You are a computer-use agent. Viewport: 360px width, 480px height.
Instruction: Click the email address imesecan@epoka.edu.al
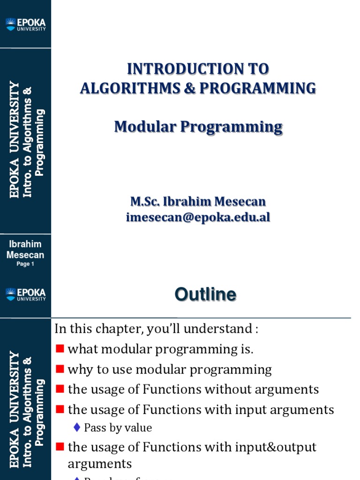click(x=198, y=217)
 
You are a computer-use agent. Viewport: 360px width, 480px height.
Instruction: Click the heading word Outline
click(x=205, y=295)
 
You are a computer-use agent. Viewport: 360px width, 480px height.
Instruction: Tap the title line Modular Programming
click(x=198, y=127)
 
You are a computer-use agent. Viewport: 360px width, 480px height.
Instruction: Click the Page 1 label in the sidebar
click(x=25, y=264)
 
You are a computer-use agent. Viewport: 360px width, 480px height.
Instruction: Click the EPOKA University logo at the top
click(x=26, y=24)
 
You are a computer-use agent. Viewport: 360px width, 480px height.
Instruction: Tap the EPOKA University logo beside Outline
click(x=26, y=294)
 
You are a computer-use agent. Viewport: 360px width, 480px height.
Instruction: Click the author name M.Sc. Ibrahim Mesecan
click(x=198, y=202)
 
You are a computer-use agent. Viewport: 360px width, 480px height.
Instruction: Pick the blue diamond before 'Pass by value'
click(x=78, y=427)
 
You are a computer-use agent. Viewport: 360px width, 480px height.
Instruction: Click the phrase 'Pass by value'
click(x=118, y=427)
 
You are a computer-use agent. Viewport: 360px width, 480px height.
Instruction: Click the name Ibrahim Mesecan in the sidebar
click(x=25, y=249)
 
